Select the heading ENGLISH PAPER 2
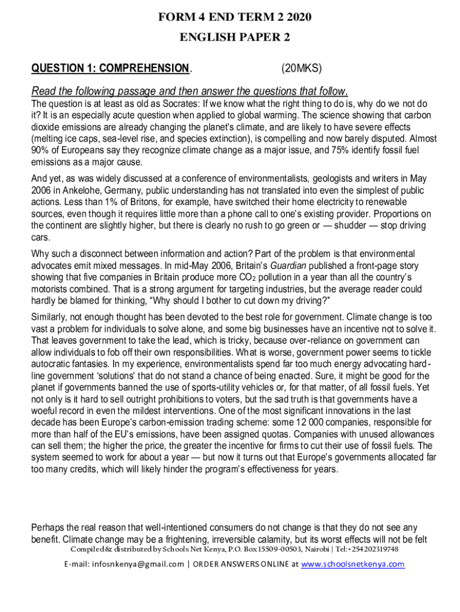[235, 38]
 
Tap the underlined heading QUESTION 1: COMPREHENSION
[110, 68]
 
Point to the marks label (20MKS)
[302, 68]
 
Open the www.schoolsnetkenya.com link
[353, 564]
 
